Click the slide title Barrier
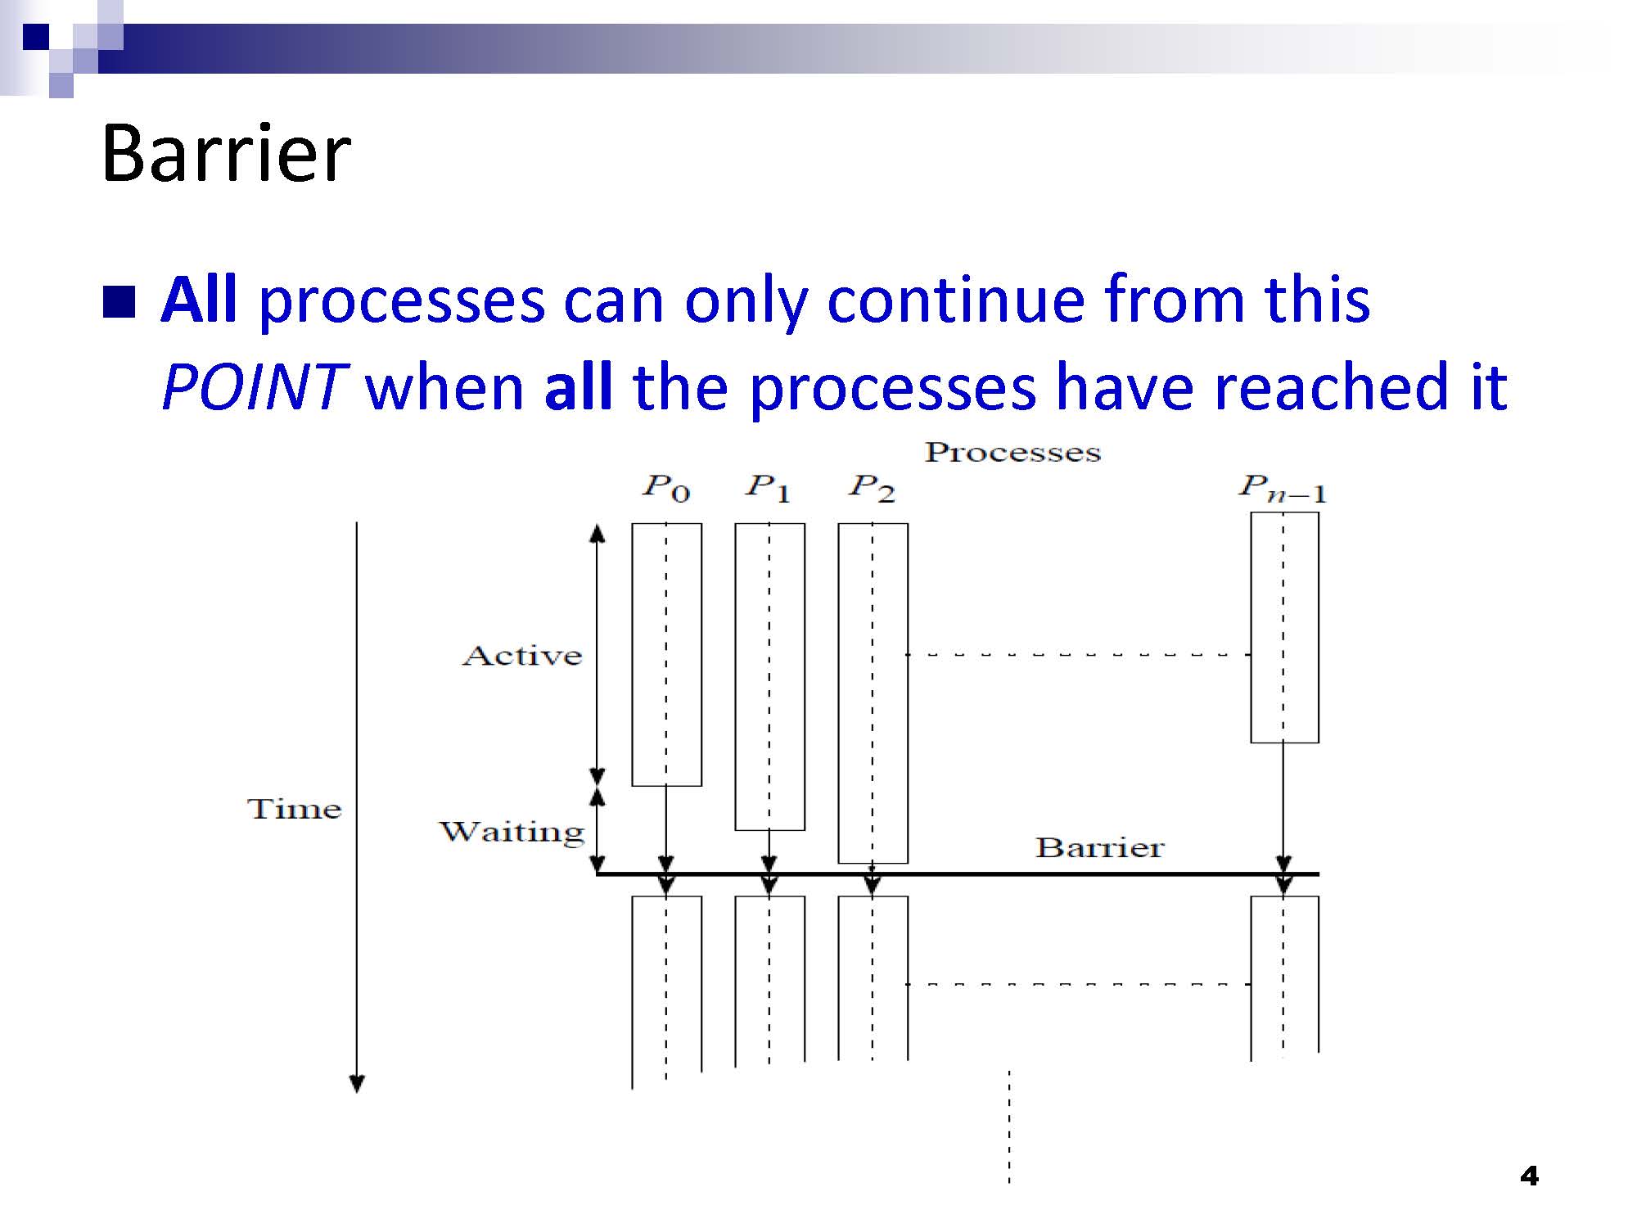point(226,153)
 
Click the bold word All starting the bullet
point(199,300)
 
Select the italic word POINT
point(251,386)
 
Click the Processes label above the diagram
point(1012,453)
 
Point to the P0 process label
point(666,488)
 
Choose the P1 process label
point(768,488)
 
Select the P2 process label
point(872,488)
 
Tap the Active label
point(522,656)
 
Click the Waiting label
point(512,832)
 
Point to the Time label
point(294,809)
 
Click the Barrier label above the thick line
point(1099,847)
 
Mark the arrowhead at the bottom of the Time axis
point(357,1084)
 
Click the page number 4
point(1529,1176)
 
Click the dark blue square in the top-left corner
point(35,38)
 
